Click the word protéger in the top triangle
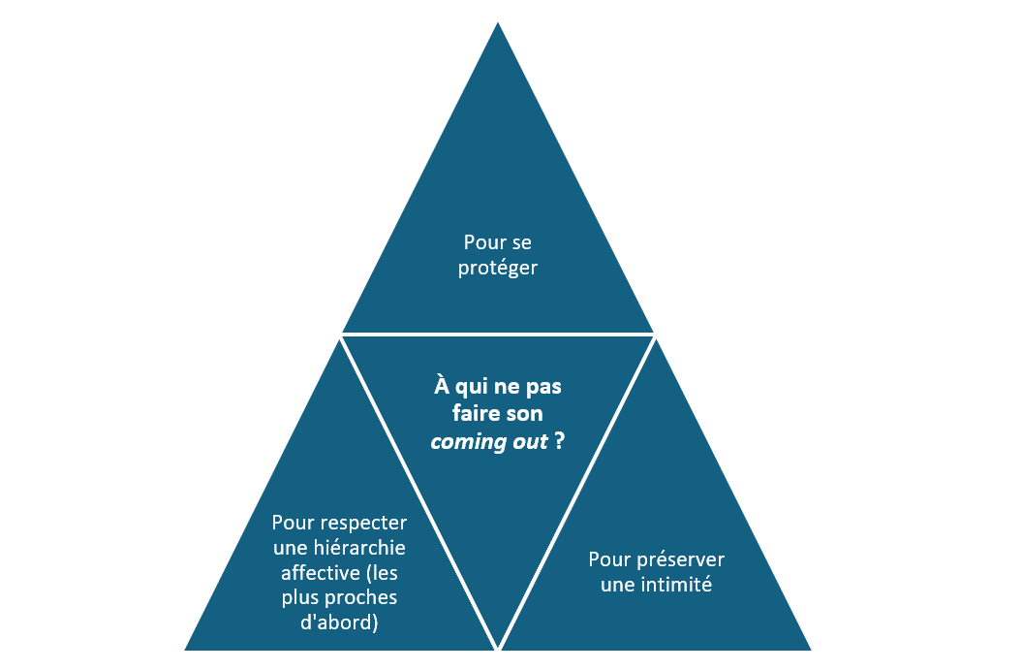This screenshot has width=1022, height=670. click(497, 269)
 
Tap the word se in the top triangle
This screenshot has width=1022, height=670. click(522, 242)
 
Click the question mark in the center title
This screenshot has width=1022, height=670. click(560, 441)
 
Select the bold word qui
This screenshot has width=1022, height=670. click(470, 387)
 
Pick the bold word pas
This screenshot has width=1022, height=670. click(543, 387)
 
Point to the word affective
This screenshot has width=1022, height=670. click(321, 573)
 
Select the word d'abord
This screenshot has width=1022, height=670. click(339, 622)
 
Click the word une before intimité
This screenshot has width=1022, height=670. click(618, 586)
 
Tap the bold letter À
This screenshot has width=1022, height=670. click(442, 385)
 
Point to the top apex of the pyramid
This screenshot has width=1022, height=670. click(498, 23)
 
